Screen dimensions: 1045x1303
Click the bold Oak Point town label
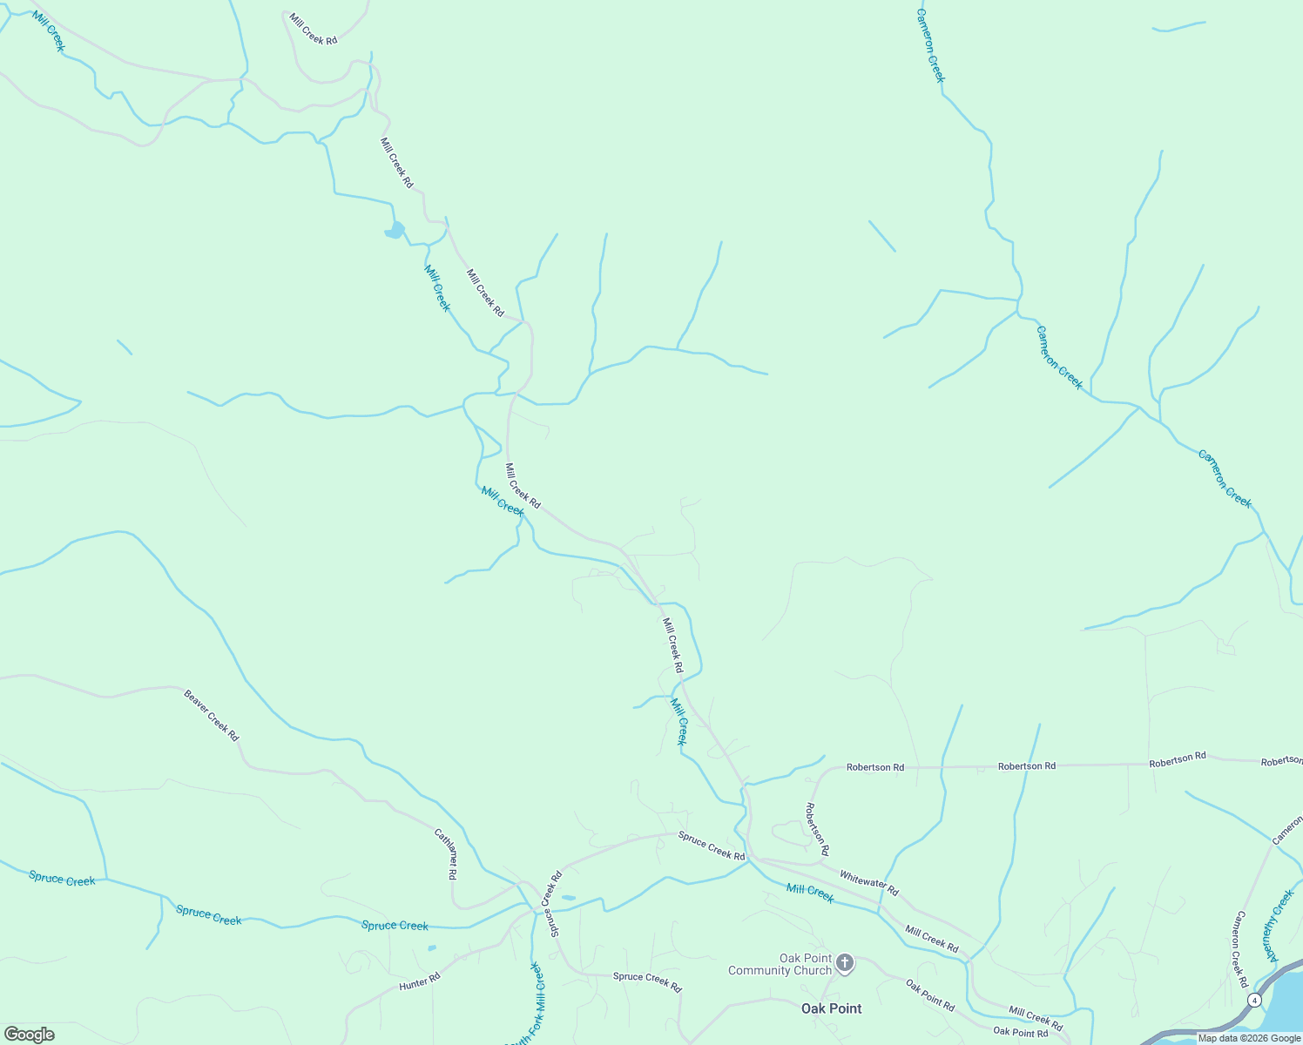pos(831,1008)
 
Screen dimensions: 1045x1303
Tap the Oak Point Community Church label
pos(780,964)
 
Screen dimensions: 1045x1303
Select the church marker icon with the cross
pos(844,962)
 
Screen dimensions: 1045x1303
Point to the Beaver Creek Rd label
pos(211,715)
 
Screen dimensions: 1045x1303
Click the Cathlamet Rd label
pos(446,854)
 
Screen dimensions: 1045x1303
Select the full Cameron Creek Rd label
pos(1240,949)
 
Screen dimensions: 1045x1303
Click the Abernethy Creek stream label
pos(1277,925)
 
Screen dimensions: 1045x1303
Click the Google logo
pos(29,1035)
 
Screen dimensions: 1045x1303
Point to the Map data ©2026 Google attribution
pos(1249,1038)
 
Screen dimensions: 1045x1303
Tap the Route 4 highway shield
pos(1253,999)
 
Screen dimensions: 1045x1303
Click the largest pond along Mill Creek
pos(395,231)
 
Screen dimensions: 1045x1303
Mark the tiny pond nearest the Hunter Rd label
pos(432,947)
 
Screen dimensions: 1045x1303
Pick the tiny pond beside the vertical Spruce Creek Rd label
pos(568,897)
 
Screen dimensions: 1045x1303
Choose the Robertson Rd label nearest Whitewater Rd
pos(817,827)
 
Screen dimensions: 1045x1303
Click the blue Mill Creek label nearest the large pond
pos(437,288)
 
